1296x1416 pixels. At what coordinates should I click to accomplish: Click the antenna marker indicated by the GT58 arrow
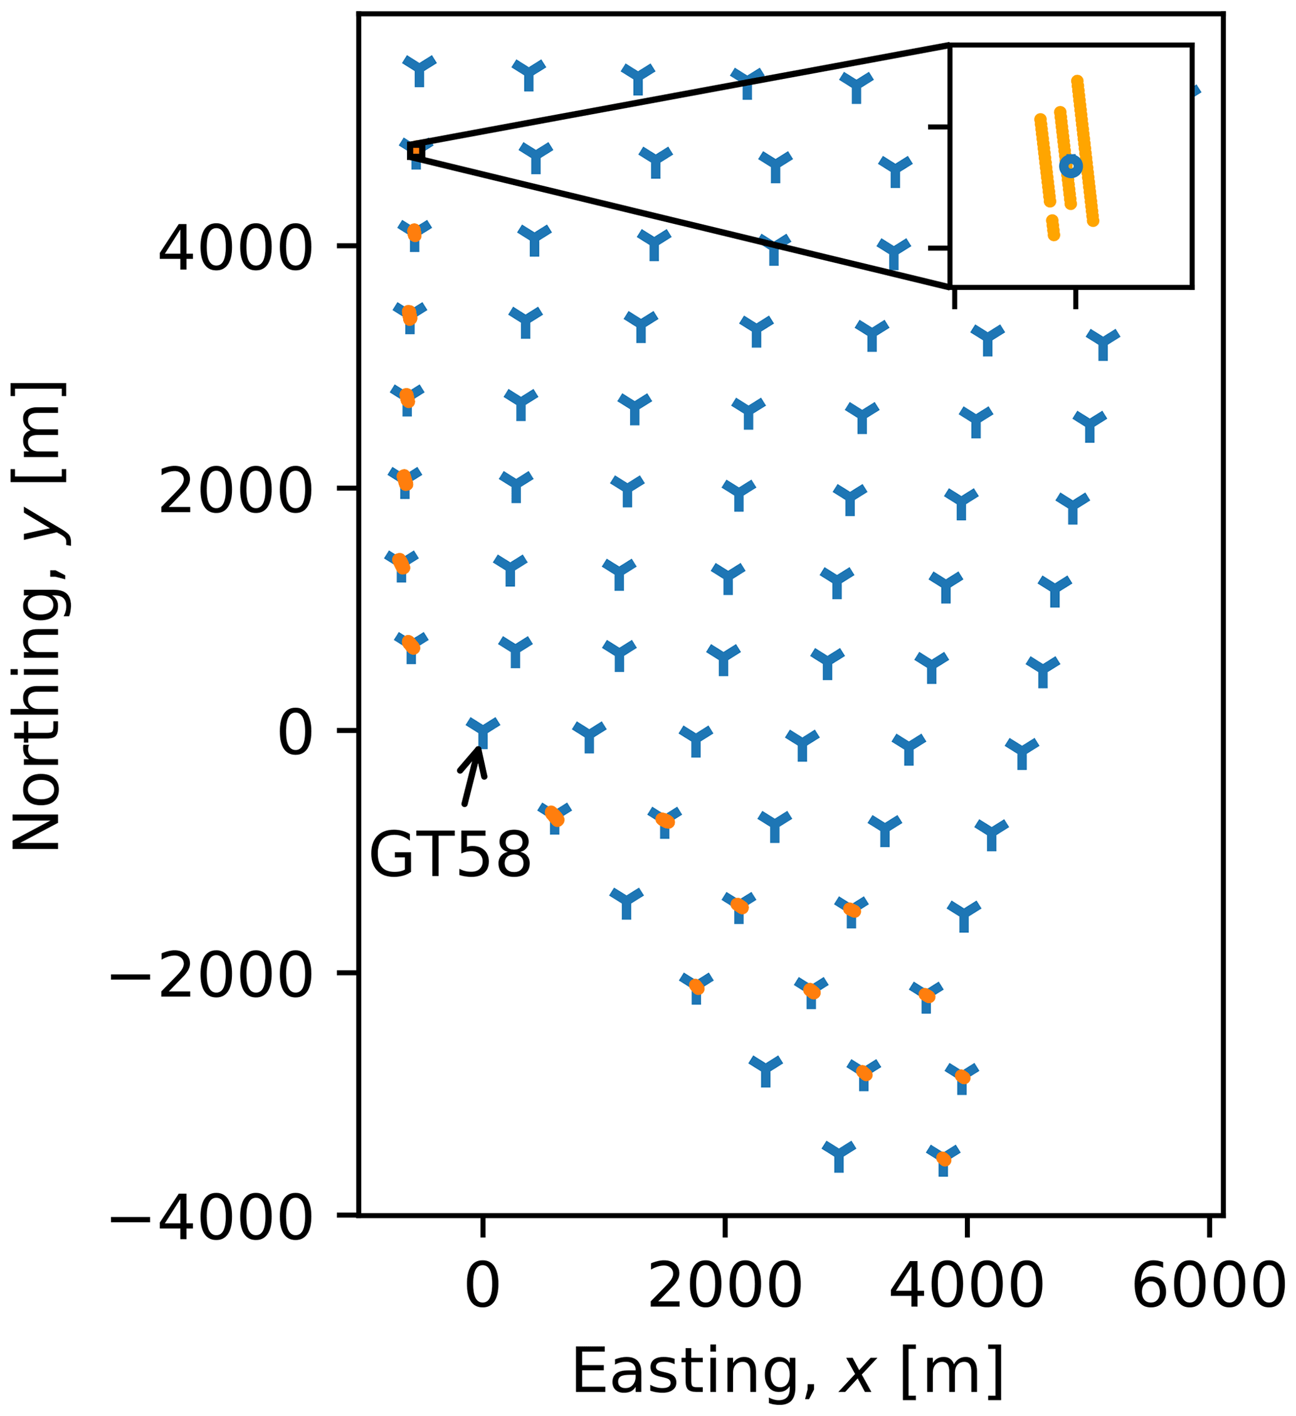click(x=482, y=731)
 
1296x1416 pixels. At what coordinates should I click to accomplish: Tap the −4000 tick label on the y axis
click(x=211, y=1220)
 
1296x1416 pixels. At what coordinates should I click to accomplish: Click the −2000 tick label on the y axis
click(x=211, y=977)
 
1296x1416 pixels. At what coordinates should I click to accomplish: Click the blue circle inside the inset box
click(x=1071, y=166)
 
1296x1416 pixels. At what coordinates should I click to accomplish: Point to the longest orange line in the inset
click(x=1085, y=151)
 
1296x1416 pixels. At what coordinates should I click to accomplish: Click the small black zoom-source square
click(x=416, y=151)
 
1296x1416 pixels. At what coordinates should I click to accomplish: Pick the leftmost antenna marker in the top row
click(x=419, y=69)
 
